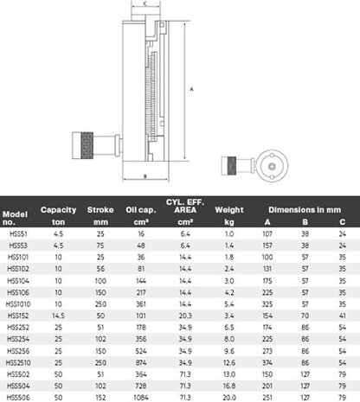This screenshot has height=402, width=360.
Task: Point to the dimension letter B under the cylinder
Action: click(x=144, y=175)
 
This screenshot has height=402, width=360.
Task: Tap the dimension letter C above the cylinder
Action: click(x=144, y=5)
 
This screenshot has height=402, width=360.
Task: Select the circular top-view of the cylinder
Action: click(x=267, y=163)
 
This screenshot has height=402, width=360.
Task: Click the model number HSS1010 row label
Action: click(x=18, y=304)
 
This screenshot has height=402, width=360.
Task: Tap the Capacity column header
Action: click(x=59, y=209)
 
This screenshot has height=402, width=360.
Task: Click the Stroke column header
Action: click(x=100, y=209)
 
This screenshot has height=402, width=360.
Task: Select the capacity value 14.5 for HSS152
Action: click(x=59, y=316)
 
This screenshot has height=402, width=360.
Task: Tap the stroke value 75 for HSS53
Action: click(x=100, y=246)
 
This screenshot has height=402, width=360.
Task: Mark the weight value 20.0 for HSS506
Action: click(x=229, y=395)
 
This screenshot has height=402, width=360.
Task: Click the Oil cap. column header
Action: click(x=141, y=209)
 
